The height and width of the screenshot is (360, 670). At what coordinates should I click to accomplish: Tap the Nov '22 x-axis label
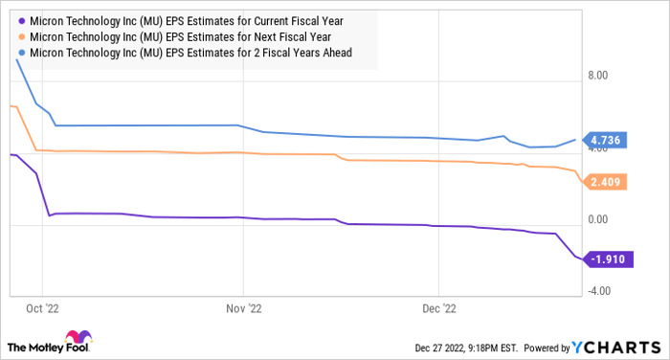click(x=243, y=309)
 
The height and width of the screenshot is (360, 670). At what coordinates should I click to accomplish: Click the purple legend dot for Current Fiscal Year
click(x=21, y=19)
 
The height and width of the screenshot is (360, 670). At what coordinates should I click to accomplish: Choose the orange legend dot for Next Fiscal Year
click(x=21, y=36)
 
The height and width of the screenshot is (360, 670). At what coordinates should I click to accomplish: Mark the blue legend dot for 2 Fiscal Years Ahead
click(x=21, y=54)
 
